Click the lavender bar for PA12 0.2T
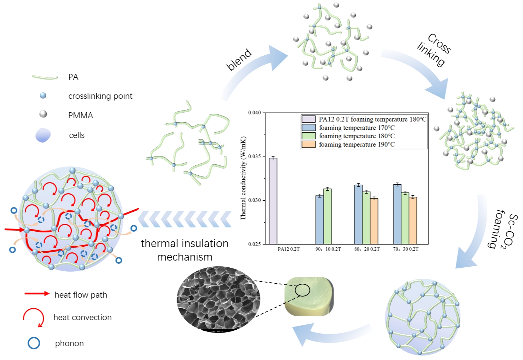(273, 201)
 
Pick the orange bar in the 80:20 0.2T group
(374, 221)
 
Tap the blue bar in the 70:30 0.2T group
(397, 214)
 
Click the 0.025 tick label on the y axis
(255, 244)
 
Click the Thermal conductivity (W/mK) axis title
(243, 178)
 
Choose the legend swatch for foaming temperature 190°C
(309, 144)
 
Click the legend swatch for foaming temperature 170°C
(309, 128)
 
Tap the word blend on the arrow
(239, 60)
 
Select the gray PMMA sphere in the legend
(43, 114)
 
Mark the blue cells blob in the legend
(43, 135)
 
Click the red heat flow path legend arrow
(37, 294)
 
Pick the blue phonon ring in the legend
(34, 343)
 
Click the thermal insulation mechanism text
(184, 250)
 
